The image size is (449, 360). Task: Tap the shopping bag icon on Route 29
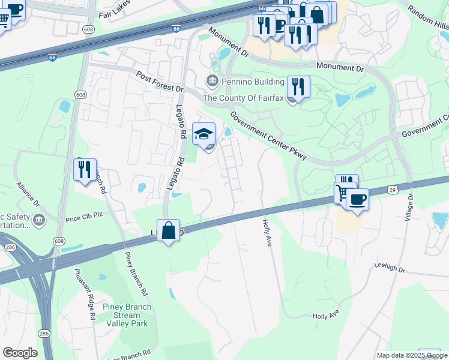[169, 230]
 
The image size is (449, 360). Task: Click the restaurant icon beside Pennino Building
[298, 86]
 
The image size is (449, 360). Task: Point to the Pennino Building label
[246, 82]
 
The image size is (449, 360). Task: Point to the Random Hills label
[427, 19]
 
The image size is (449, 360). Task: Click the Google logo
[20, 353]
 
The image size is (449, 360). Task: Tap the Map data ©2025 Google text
[412, 355]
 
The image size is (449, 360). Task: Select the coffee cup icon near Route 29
[358, 199]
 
